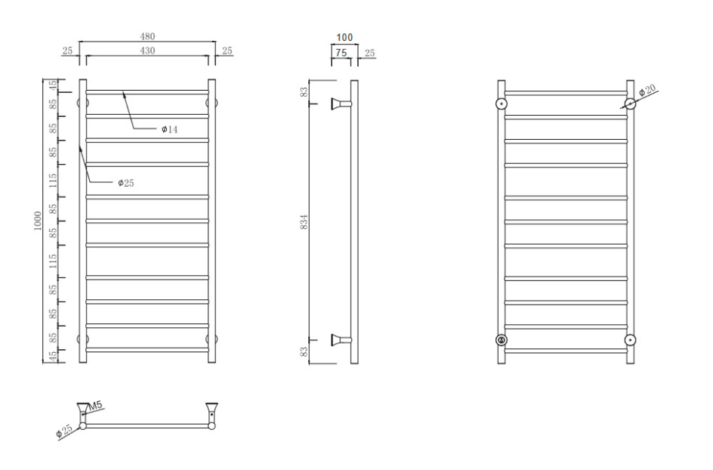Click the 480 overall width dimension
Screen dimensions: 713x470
[147, 36]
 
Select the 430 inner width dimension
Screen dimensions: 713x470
[147, 51]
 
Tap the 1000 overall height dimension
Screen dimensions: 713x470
[37, 221]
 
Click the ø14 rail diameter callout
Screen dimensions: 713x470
[170, 129]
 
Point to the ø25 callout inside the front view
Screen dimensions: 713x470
[126, 183]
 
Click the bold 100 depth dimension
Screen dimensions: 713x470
[344, 37]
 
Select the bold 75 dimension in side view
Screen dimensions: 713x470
[341, 53]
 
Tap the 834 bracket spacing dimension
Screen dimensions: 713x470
[304, 221]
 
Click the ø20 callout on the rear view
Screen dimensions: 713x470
[647, 89]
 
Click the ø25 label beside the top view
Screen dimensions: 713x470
[64, 431]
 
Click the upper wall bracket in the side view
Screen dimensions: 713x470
[341, 104]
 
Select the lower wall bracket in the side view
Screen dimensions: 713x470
[341, 340]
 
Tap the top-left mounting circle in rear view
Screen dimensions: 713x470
[501, 104]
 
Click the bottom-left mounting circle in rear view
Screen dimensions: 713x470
[501, 340]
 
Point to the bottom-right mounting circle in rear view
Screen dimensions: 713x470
[630, 340]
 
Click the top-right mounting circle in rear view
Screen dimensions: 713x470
[630, 104]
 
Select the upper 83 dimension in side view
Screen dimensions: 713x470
[304, 92]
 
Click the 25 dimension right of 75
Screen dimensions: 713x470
[369, 53]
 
